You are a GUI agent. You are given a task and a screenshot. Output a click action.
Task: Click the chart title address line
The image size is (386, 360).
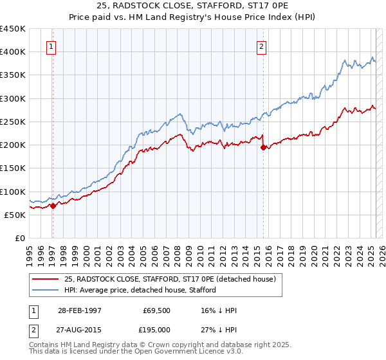(193, 6)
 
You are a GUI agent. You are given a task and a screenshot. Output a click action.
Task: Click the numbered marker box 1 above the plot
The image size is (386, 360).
(51, 46)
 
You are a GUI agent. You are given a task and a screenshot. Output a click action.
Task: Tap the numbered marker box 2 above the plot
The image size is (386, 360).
(262, 46)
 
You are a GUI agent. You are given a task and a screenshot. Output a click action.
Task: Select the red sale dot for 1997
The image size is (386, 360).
(53, 206)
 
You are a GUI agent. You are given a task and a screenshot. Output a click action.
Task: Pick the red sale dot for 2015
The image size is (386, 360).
(263, 147)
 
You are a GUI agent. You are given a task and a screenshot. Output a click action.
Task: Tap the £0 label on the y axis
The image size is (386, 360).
(20, 239)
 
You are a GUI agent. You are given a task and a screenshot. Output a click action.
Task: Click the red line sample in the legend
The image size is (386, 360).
(46, 279)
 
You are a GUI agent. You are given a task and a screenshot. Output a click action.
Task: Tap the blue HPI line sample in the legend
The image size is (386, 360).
(46, 290)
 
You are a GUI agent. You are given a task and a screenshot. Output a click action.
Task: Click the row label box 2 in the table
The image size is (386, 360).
(33, 330)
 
